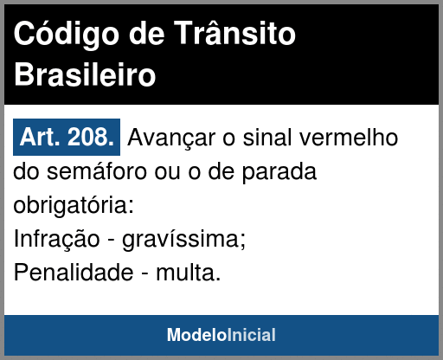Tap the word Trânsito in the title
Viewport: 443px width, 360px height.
pos(234,33)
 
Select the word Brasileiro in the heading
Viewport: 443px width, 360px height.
pos(85,74)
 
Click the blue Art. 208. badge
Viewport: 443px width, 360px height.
pos(67,137)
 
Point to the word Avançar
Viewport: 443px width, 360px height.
pos(171,138)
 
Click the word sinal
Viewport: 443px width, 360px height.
pos(267,137)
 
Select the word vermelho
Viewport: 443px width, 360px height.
pos(349,137)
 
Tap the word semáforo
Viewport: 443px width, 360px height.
pos(96,171)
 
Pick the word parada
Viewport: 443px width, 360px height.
pos(279,172)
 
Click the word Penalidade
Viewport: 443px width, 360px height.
pos(74,273)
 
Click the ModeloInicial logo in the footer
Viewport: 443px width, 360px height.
pos(221,335)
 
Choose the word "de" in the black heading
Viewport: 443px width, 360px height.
pos(146,34)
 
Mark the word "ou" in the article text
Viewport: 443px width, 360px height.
pos(168,172)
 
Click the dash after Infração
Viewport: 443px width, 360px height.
pos(111,240)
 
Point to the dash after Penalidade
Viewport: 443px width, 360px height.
pos(144,273)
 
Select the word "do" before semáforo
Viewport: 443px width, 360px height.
pos(26,171)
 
